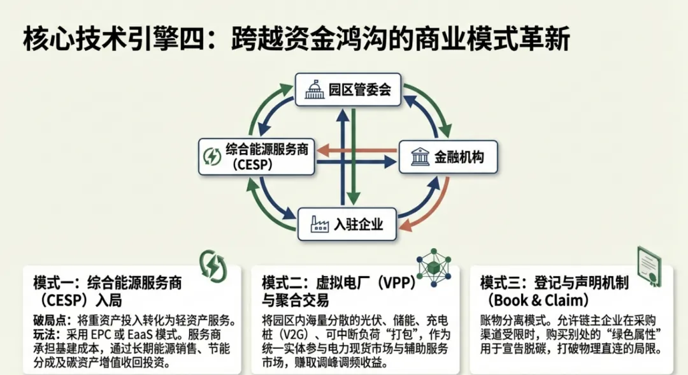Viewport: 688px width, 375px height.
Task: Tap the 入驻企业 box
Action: [x=347, y=224]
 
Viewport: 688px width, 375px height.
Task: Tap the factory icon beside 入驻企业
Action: [x=319, y=224]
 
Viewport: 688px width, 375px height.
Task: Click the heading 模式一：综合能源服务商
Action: [x=107, y=283]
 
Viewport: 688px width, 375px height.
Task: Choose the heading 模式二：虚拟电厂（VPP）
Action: [x=338, y=283]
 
